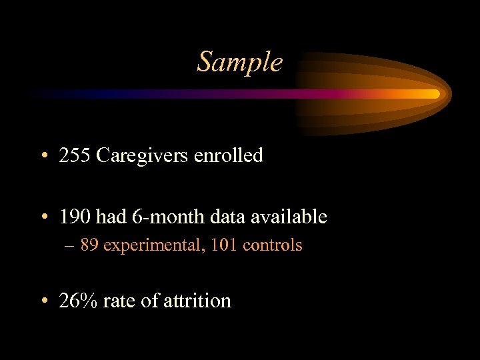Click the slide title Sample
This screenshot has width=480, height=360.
pos(240,62)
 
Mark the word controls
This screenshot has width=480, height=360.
pos(272,245)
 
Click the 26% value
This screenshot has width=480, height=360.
pos(78,301)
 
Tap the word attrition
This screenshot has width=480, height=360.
pos(198,301)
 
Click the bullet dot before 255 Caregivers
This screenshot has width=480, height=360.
pos(43,157)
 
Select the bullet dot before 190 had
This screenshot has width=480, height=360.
pos(43,218)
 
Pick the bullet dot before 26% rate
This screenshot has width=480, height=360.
pos(43,302)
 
